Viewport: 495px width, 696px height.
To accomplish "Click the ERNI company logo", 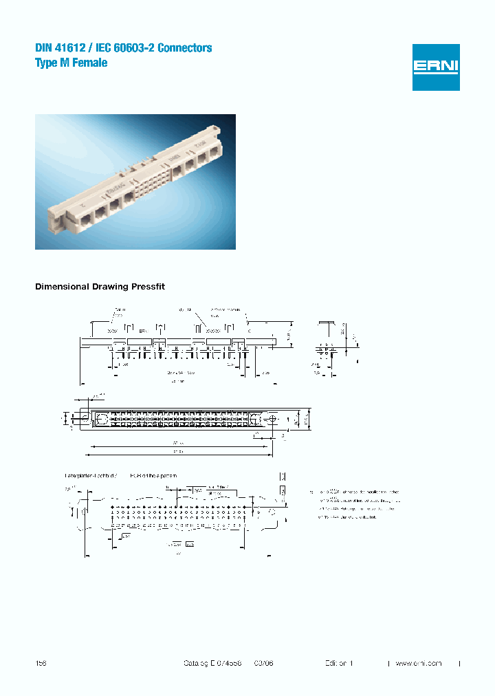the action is point(436,67).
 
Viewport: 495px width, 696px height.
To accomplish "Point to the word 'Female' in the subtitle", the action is point(91,63).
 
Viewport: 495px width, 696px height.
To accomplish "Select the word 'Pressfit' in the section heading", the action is point(150,286).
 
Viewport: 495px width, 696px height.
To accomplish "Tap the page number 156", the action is point(41,663).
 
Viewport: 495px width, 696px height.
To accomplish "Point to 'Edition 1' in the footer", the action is point(339,663).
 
